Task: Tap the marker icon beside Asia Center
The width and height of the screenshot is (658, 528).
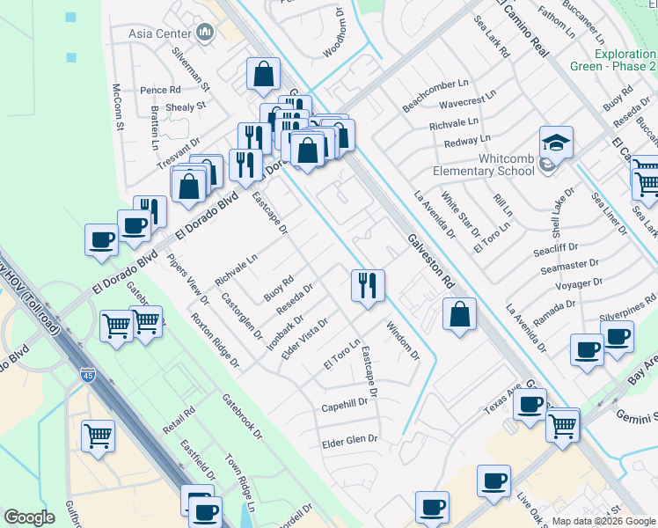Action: [206, 33]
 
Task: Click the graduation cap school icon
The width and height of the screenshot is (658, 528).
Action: [556, 141]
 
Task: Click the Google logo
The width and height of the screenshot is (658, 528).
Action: [29, 517]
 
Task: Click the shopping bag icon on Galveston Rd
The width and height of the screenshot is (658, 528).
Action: [459, 314]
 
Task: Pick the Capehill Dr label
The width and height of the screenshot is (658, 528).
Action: [344, 403]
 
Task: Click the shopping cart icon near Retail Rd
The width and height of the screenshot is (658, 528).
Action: [98, 436]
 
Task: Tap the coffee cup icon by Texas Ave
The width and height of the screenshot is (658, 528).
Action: [530, 405]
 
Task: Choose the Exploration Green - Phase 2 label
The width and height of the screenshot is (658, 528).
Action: [625, 60]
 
